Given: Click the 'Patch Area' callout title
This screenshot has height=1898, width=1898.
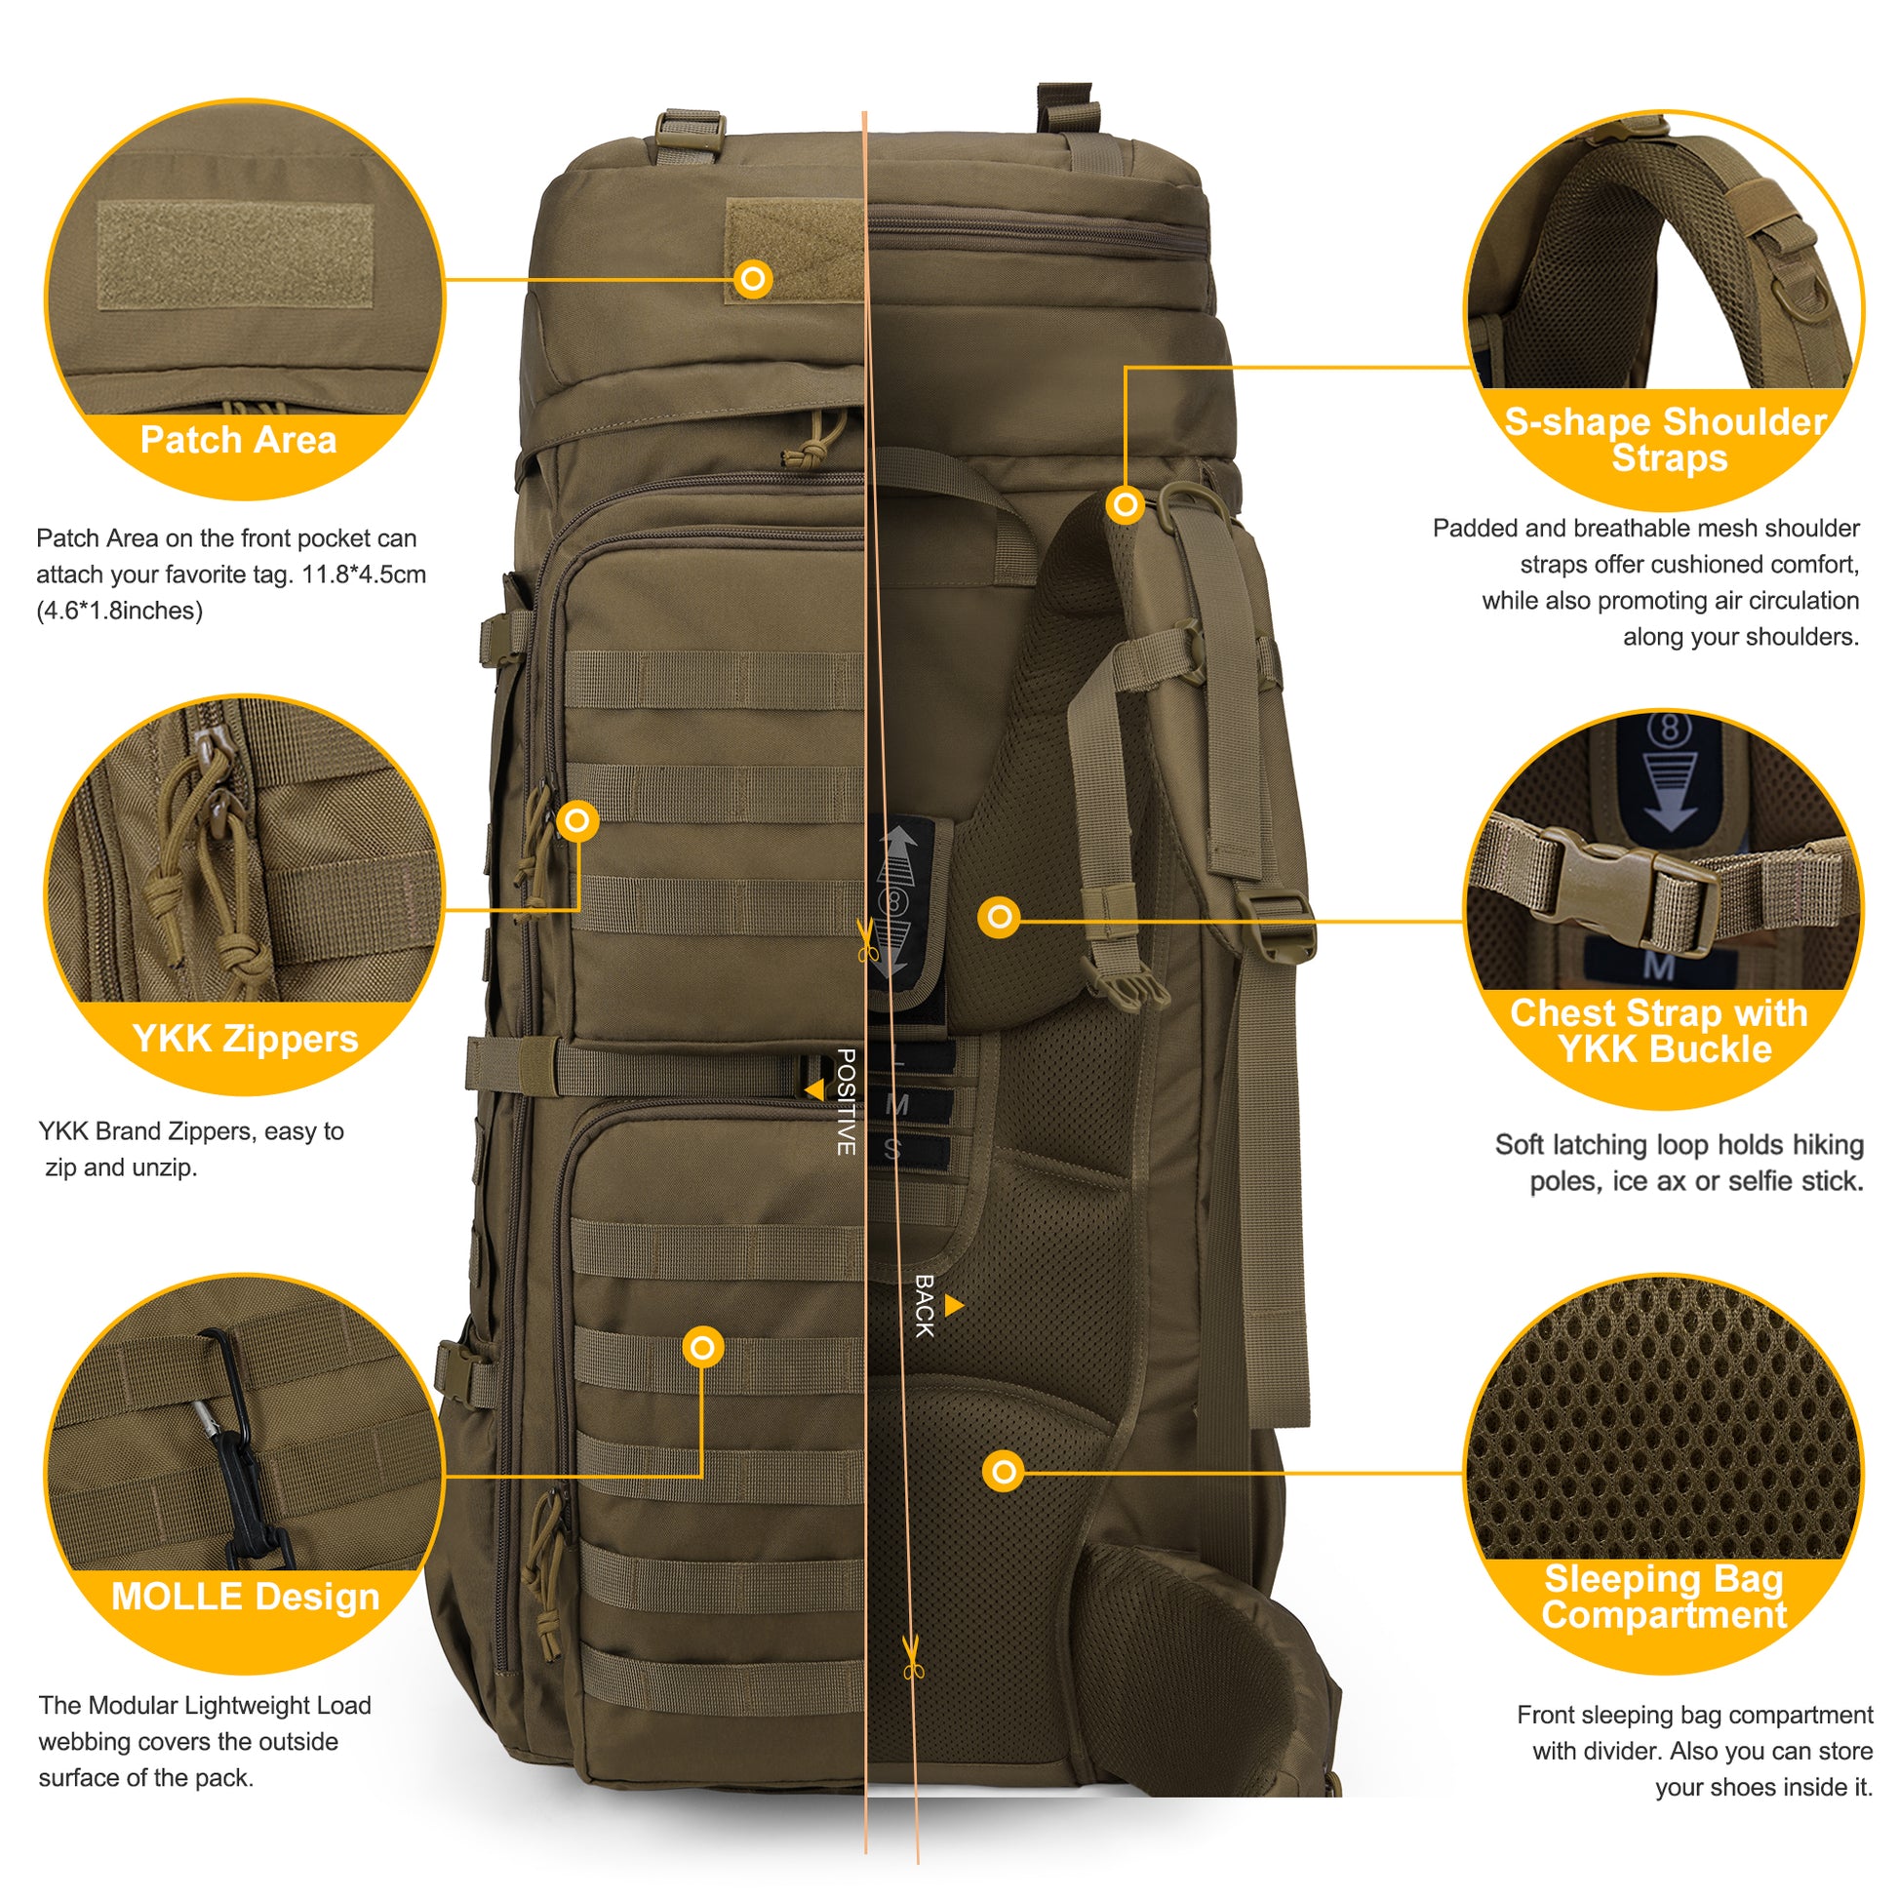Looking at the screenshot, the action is tap(238, 439).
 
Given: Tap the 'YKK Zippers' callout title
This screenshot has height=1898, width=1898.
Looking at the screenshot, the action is tap(246, 1039).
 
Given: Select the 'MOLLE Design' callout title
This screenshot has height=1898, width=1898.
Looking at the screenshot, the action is tap(246, 1597).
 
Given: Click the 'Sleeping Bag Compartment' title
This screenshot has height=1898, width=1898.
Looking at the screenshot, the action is tap(1664, 1598).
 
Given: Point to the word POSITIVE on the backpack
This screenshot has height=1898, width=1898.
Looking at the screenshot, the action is tap(846, 1101).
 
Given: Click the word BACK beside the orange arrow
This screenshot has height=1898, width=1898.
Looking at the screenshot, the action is tap(924, 1306).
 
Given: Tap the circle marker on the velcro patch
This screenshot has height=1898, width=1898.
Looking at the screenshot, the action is tap(754, 280).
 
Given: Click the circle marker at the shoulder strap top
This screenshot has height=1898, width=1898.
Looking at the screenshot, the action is tap(1126, 505).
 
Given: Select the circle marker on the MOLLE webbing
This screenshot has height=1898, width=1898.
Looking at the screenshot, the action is tap(703, 1347).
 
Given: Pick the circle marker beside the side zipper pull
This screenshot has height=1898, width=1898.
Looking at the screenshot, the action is tap(577, 819).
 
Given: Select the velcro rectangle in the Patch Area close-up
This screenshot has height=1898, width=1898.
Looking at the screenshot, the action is tap(235, 256).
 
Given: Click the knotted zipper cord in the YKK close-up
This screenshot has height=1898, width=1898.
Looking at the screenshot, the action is tap(212, 864).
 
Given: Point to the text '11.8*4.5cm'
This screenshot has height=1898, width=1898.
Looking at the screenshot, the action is tap(365, 574).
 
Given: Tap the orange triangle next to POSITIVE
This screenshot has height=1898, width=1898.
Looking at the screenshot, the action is tap(814, 1090).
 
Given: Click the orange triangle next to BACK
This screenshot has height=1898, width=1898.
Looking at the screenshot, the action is tap(954, 1306).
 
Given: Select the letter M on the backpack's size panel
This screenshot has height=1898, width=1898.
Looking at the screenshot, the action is tap(896, 1105).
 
